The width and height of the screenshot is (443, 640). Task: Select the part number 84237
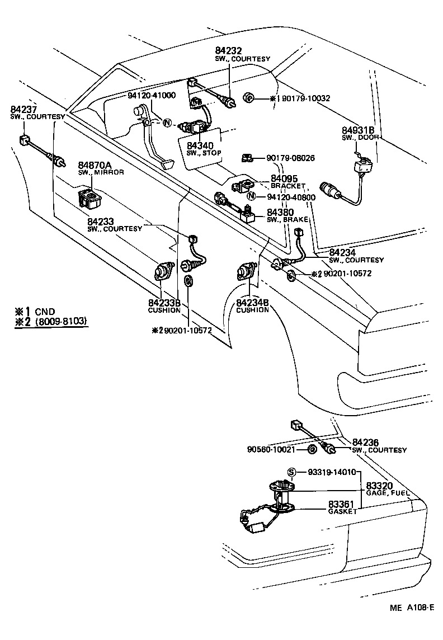(x=23, y=109)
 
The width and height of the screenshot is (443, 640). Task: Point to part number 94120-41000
(x=152, y=95)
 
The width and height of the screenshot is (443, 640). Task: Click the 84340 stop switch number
(x=200, y=145)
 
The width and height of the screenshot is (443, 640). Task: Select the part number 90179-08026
(x=290, y=158)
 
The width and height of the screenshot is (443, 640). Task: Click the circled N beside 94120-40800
(x=252, y=196)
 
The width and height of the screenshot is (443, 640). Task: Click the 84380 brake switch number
(x=280, y=213)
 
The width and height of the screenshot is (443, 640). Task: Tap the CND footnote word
(x=45, y=311)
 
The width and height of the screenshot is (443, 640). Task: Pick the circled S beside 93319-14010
(x=291, y=472)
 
